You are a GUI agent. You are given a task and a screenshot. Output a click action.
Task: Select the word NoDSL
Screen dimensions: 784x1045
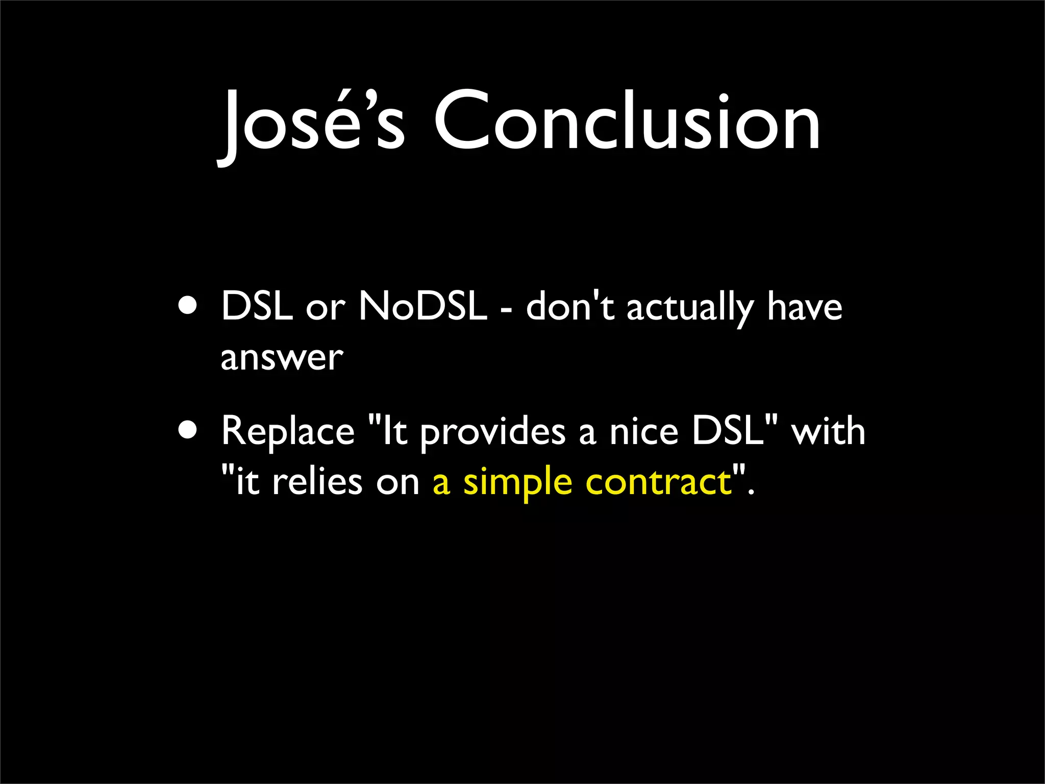422,306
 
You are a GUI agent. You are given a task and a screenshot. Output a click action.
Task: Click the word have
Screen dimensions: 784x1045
804,306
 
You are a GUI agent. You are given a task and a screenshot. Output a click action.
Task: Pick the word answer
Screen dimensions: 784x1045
282,357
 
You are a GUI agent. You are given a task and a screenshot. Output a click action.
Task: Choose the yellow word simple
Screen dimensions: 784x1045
517,483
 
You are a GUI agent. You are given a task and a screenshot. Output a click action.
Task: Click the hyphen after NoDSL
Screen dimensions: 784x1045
506,309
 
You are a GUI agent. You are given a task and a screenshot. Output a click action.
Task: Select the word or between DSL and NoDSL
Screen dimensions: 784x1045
325,308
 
